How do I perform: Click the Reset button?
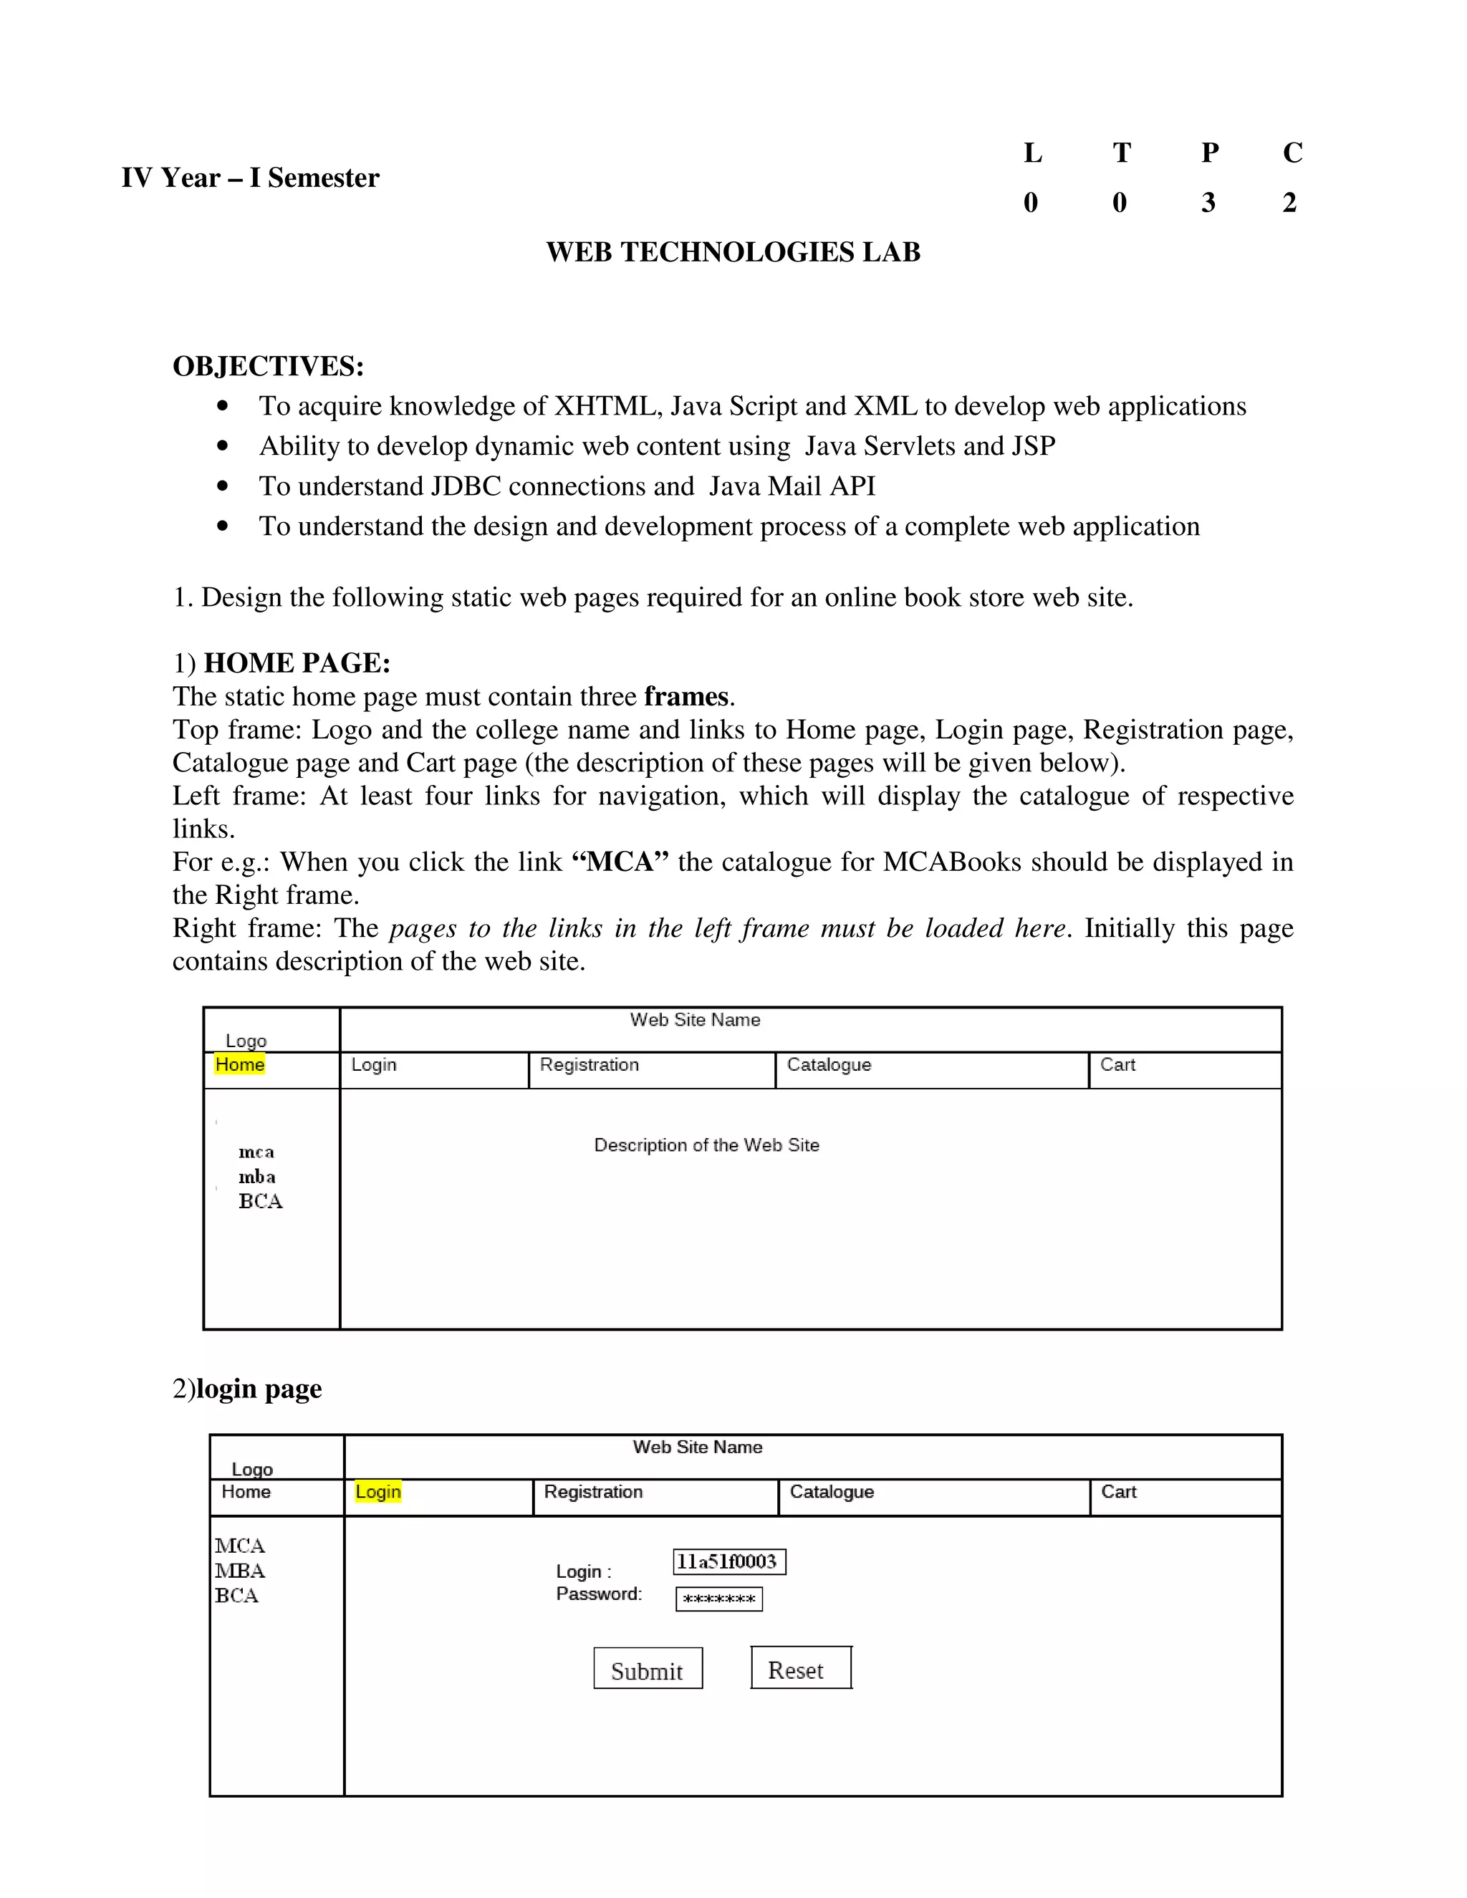coord(800,1667)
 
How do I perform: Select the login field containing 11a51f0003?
coord(728,1561)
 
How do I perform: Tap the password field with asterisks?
coord(718,1599)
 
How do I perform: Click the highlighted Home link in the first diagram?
coord(240,1064)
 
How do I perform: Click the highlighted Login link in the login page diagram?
coord(378,1492)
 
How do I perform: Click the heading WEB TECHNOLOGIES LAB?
coord(733,252)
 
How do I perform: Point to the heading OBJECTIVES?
coord(268,366)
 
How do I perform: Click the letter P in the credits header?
coord(1210,153)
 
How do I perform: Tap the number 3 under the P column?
coord(1208,203)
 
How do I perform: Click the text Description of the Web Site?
coord(706,1145)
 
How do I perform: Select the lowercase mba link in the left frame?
coord(257,1177)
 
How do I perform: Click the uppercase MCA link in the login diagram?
coord(240,1546)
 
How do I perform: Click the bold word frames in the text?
coord(686,697)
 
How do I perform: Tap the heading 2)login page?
coord(247,1389)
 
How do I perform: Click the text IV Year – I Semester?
coord(250,178)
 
